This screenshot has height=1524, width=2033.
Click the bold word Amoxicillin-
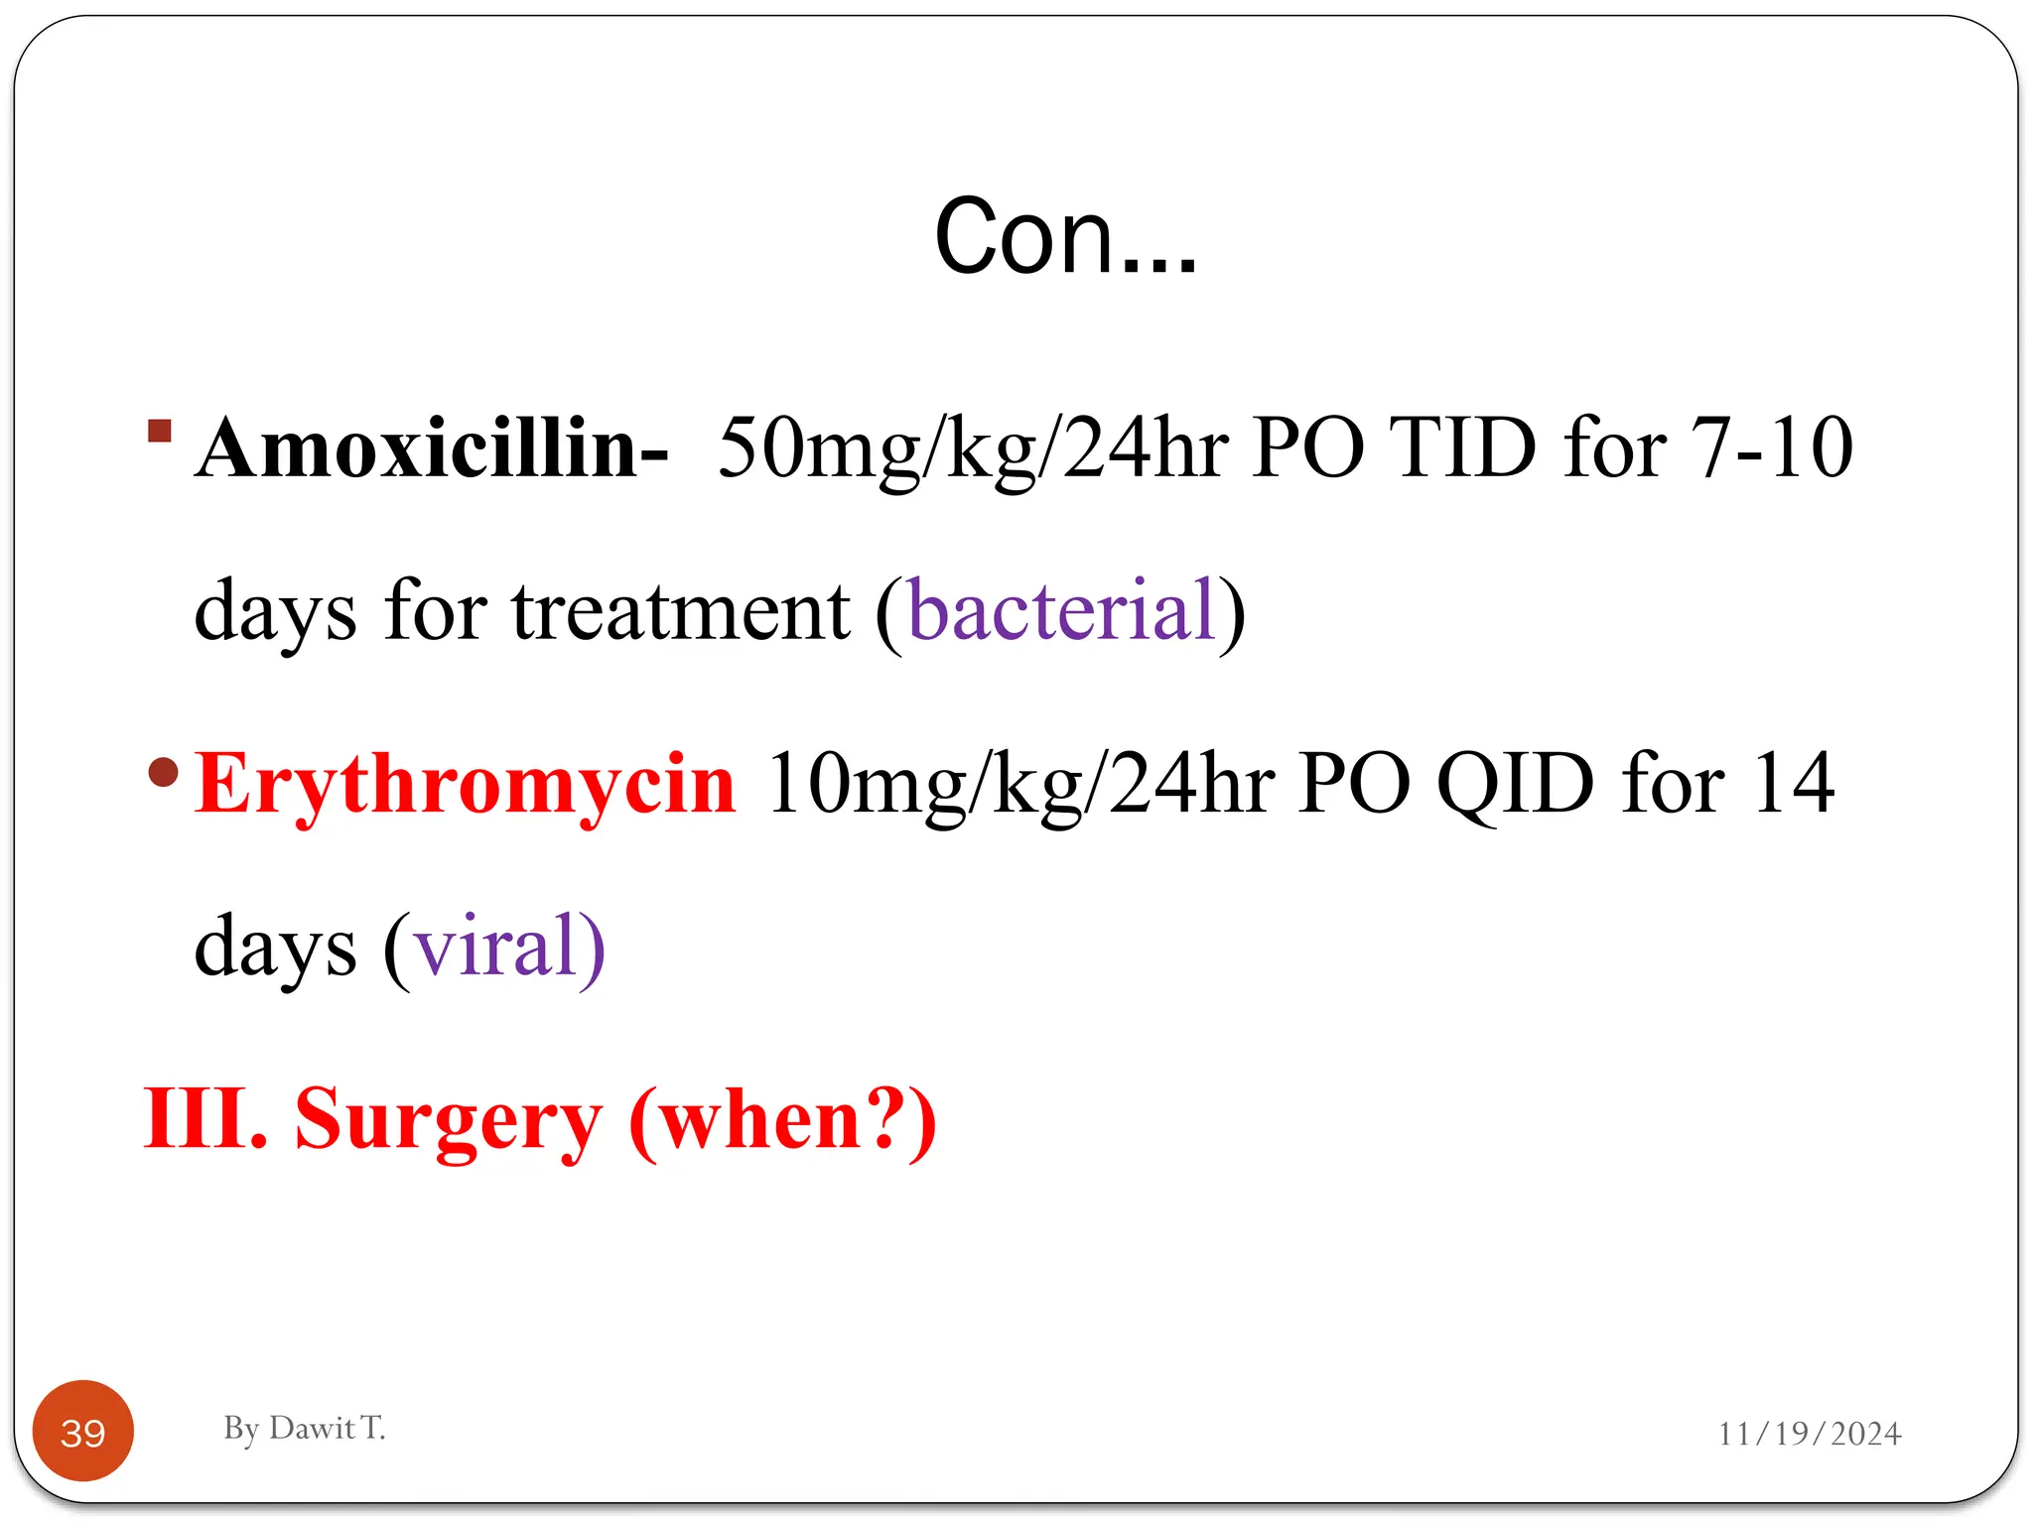click(x=432, y=448)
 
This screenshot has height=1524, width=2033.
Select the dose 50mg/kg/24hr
click(x=973, y=448)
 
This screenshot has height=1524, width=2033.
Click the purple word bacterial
click(x=1061, y=610)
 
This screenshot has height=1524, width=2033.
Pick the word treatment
click(x=681, y=610)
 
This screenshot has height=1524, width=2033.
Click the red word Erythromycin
click(x=465, y=784)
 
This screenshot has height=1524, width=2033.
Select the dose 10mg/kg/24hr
click(x=1020, y=784)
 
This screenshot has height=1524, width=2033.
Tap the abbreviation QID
click(x=1515, y=784)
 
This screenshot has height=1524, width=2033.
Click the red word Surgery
click(x=449, y=1118)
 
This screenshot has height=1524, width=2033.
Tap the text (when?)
click(x=783, y=1118)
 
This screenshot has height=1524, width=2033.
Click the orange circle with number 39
click(x=83, y=1432)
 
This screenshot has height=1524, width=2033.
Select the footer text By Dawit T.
click(x=304, y=1428)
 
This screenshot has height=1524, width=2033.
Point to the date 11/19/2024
click(x=1809, y=1434)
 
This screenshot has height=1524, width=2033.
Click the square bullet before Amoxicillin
click(x=160, y=431)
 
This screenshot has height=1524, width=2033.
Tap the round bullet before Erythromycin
click(x=163, y=771)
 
